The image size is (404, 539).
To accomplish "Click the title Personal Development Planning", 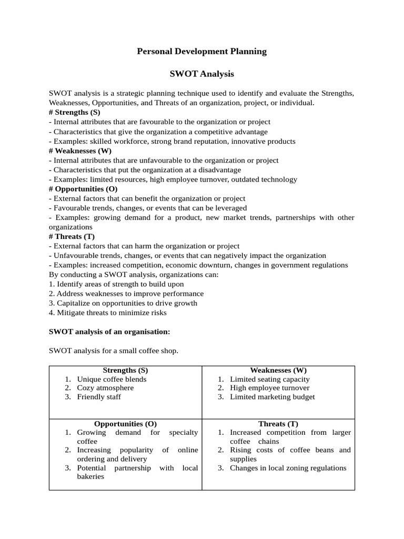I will (201, 52).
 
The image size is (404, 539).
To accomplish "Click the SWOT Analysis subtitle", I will (201, 74).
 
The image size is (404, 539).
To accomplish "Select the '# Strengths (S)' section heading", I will (74, 112).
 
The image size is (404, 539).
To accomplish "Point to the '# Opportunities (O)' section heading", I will (83, 189).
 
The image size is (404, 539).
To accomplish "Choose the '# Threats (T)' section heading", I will (72, 236).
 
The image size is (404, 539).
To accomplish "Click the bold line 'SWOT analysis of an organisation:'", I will (109, 332).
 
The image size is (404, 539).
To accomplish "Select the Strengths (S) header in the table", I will (125, 370).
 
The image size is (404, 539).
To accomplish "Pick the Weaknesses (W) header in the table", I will (278, 370).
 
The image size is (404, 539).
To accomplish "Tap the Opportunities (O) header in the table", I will (125, 423).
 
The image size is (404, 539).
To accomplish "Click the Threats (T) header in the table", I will (278, 423).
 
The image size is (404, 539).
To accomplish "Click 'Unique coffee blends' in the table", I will (112, 379).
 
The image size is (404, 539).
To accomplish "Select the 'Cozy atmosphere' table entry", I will (105, 388).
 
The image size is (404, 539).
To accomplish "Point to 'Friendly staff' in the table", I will (99, 397).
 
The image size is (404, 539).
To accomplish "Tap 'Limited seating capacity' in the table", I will (270, 379).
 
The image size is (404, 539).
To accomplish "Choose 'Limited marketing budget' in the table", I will (272, 397).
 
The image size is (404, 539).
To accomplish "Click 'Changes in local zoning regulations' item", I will (288, 468).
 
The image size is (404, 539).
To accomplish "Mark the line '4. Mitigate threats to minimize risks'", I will (107, 313).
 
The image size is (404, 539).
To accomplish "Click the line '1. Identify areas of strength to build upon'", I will (116, 284).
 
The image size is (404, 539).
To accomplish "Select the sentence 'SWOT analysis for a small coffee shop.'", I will (114, 351).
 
